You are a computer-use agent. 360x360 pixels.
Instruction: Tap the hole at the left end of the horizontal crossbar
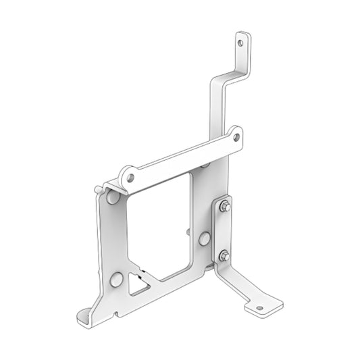click(131, 178)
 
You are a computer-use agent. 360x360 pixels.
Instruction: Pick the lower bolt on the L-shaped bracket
click(224, 255)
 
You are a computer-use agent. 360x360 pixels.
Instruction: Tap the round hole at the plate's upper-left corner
click(112, 199)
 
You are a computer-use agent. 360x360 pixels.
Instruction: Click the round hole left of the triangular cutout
click(116, 279)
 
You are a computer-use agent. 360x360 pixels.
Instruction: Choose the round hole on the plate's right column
click(203, 238)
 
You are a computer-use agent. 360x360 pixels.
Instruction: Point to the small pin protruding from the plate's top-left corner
click(100, 187)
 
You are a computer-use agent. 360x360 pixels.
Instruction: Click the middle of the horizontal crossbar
click(182, 157)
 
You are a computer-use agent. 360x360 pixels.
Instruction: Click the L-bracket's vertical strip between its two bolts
click(224, 231)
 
